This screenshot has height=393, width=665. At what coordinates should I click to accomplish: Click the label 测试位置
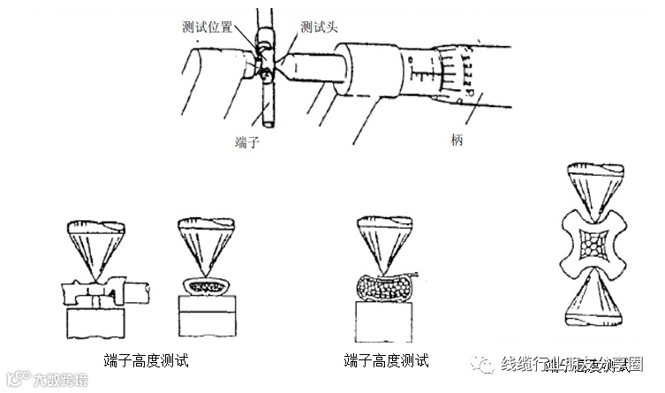tap(210, 27)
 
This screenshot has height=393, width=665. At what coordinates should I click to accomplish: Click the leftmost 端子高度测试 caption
tap(146, 360)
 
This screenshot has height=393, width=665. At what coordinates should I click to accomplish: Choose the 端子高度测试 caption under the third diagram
tap(386, 360)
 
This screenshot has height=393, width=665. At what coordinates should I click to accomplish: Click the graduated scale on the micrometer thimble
tap(455, 75)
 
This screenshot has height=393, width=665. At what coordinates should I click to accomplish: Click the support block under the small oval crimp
tap(208, 314)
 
